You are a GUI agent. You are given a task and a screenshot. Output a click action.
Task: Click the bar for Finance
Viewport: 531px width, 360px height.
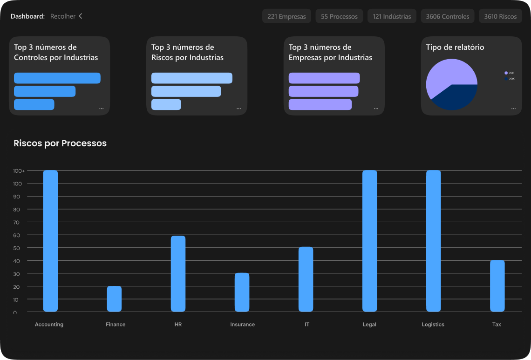point(114,299)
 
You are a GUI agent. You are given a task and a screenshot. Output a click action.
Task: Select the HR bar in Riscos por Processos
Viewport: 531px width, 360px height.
point(178,273)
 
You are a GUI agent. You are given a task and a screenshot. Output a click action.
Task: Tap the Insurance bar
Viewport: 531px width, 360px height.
point(242,292)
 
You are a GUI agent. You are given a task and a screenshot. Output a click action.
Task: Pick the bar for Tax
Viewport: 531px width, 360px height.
point(497,285)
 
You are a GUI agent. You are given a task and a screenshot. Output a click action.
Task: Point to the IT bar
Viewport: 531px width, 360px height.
point(306,279)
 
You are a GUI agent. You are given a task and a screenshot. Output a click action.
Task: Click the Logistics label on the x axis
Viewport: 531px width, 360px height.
point(433,325)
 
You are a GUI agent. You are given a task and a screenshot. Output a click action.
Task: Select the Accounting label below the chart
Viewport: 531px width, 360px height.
point(49,325)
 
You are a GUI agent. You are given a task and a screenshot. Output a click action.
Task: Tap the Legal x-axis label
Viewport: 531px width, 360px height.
point(369,325)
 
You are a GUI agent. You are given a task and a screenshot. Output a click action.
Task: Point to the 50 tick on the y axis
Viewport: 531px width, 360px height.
point(17,248)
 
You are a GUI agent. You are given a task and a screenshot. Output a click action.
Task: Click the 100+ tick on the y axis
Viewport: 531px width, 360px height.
point(19,171)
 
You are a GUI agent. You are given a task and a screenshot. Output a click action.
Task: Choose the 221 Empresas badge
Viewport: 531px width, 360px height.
point(286,16)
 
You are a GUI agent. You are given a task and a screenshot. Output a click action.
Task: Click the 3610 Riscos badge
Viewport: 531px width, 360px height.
point(500,16)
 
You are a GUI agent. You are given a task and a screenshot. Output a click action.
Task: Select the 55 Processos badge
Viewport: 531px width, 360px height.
point(339,16)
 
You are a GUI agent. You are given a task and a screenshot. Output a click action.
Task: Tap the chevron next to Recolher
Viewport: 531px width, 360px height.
point(80,16)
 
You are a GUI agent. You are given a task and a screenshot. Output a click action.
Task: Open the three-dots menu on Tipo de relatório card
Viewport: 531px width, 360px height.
point(513,109)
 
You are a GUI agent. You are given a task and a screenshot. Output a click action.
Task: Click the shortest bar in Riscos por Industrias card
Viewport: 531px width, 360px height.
point(166,104)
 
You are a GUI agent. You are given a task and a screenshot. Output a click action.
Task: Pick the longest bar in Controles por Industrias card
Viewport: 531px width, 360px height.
point(57,78)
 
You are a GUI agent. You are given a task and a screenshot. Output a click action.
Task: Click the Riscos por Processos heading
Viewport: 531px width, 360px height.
point(60,143)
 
